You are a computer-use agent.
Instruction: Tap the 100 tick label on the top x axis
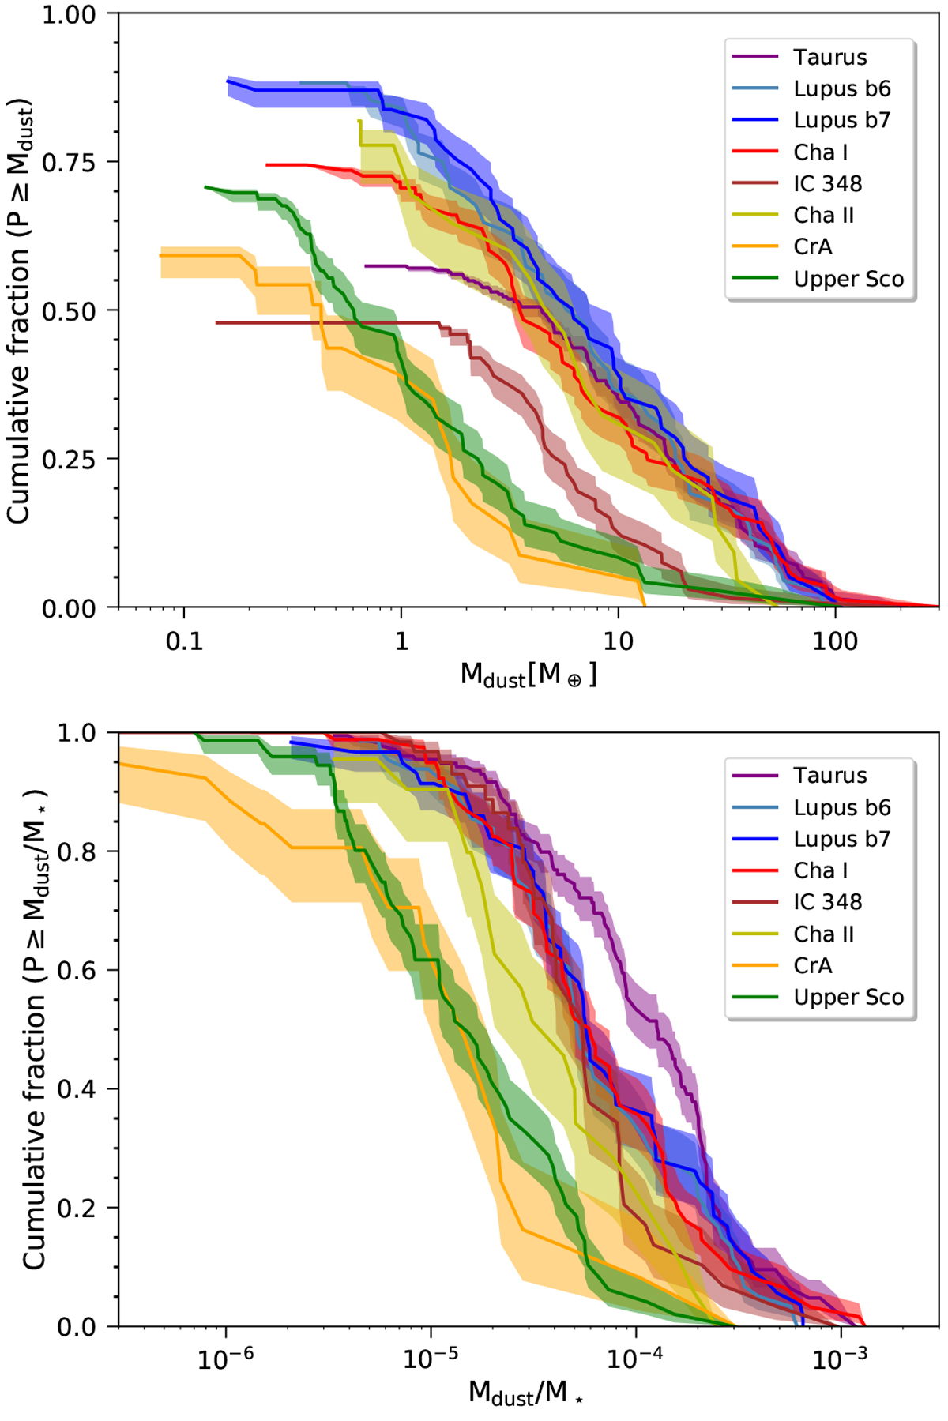coord(834,641)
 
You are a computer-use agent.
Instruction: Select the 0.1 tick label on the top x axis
coord(184,641)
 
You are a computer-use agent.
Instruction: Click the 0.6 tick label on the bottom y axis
coord(79,970)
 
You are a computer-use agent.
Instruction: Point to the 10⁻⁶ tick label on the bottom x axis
coord(227,1359)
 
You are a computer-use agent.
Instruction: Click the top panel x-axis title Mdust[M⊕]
coord(529,675)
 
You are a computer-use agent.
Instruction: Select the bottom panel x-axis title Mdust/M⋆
coord(526,1393)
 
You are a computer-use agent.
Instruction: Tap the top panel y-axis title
coord(19,310)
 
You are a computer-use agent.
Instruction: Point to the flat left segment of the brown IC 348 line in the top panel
coord(316,322)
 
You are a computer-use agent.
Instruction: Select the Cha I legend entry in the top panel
coord(820,152)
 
